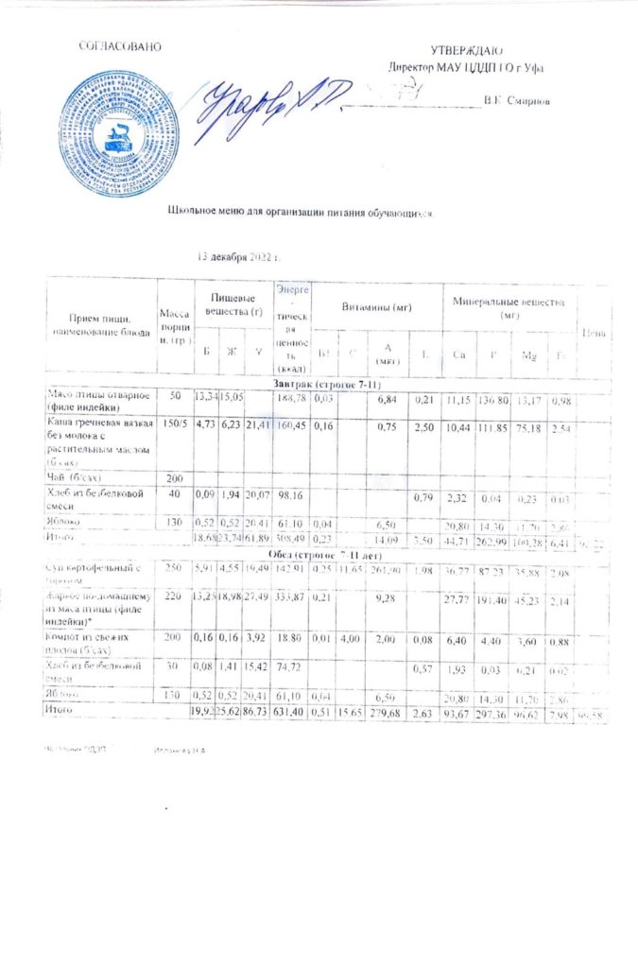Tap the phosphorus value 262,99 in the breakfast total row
click(502, 538)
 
